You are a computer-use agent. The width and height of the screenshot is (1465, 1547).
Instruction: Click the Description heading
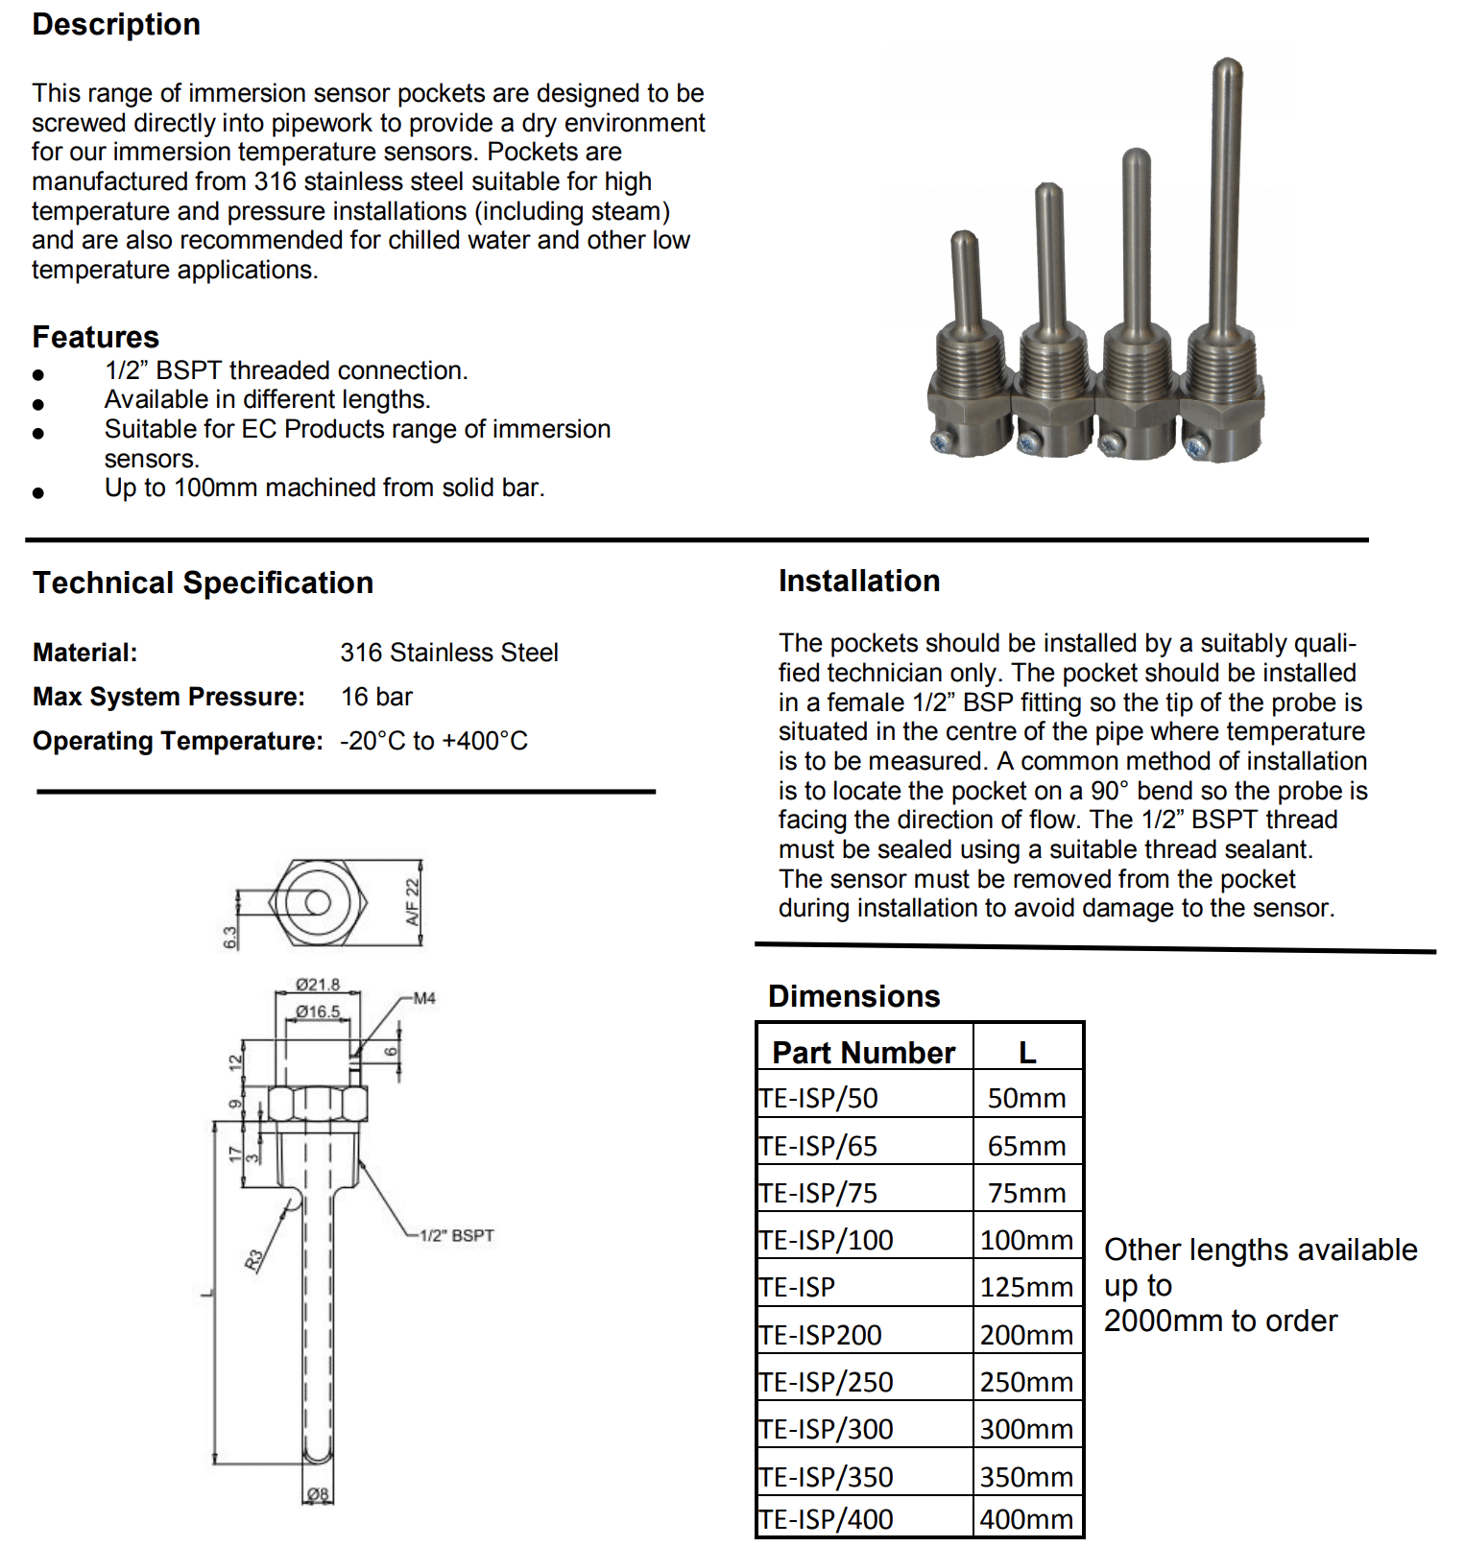click(x=116, y=24)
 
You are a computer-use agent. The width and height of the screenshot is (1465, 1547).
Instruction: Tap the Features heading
click(x=95, y=337)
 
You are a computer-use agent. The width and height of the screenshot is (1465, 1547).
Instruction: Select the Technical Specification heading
click(x=203, y=583)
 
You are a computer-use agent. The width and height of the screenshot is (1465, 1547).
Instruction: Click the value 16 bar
click(x=376, y=697)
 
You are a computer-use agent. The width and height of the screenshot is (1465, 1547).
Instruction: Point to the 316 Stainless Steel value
click(x=448, y=653)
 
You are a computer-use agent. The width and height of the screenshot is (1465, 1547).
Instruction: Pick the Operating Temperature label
click(x=178, y=741)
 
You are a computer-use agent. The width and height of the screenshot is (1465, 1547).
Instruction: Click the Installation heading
click(x=859, y=581)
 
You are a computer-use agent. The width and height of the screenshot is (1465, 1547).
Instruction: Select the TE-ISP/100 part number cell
click(x=827, y=1240)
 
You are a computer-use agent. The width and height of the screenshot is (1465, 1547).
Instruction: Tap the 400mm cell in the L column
click(x=1026, y=1519)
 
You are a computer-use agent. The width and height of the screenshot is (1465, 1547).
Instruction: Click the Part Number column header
click(x=863, y=1053)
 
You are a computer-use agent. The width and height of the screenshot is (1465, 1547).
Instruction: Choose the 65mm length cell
click(x=1026, y=1146)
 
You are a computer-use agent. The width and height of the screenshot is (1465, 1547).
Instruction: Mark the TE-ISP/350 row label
click(x=827, y=1477)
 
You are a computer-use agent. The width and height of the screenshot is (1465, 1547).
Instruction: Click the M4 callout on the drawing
click(x=424, y=998)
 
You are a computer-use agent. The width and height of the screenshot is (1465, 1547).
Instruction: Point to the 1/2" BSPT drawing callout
click(x=457, y=1235)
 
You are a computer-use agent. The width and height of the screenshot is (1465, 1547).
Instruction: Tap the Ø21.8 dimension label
click(x=318, y=985)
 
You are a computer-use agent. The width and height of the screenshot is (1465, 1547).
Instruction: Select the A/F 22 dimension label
click(x=413, y=902)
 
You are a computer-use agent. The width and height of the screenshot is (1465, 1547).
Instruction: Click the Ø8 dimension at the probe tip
click(x=318, y=1493)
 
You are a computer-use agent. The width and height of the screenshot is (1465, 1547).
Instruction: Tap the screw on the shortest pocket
click(x=941, y=440)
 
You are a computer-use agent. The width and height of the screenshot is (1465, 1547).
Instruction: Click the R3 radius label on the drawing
click(x=253, y=1259)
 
